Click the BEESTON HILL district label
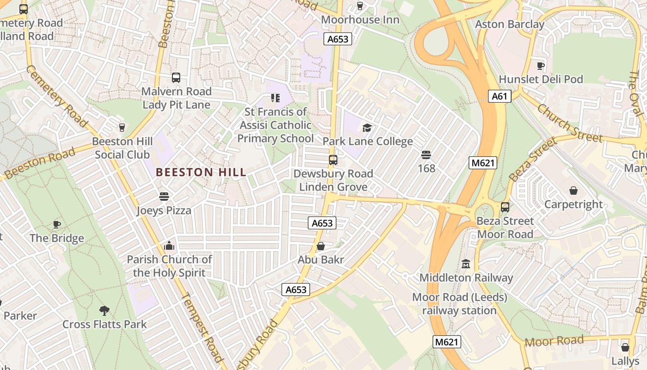tap(201, 173)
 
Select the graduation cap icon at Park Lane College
tap(367, 128)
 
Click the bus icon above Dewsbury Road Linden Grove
tap(333, 160)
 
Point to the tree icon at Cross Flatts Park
tap(104, 311)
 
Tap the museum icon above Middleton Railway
tap(466, 264)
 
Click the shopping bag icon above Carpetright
tap(574, 191)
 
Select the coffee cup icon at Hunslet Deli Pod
tap(540, 66)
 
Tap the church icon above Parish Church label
tap(169, 246)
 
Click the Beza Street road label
tap(533, 160)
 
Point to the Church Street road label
tap(570, 123)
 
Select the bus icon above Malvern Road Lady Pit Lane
tap(176, 78)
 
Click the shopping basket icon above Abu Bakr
tap(321, 246)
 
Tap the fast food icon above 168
tap(426, 155)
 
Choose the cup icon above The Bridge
tap(57, 225)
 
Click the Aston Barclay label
tap(510, 24)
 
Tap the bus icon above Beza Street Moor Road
tap(505, 207)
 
